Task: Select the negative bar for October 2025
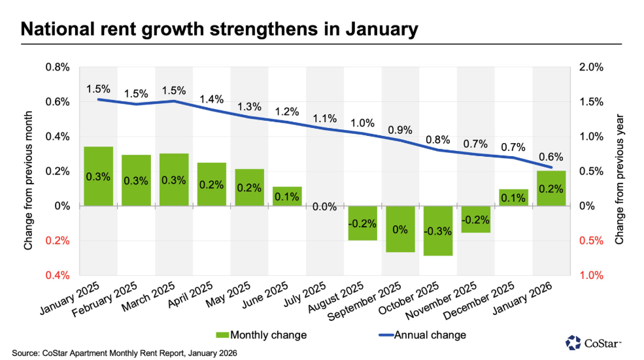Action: (x=438, y=230)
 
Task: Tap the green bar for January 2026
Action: (x=551, y=188)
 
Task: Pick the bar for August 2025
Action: (x=362, y=223)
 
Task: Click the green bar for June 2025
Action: (x=287, y=196)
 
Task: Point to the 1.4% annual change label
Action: (x=212, y=99)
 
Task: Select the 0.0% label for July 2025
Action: (x=324, y=207)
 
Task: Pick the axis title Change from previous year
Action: (x=620, y=171)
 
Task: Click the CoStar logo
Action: (x=594, y=342)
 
